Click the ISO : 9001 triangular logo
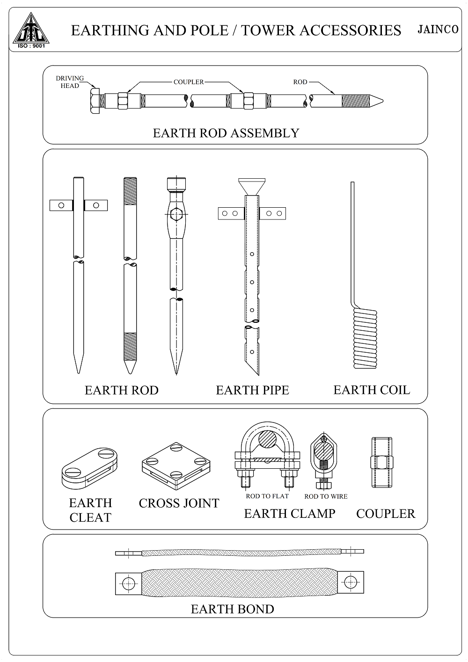(x=31, y=30)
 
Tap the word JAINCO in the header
(x=438, y=29)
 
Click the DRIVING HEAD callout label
(x=70, y=82)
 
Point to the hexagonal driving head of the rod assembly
(x=95, y=101)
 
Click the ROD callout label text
(x=300, y=82)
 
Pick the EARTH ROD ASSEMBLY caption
(x=226, y=133)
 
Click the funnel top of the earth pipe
(x=252, y=187)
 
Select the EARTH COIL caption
(x=372, y=390)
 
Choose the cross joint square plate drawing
(x=176, y=466)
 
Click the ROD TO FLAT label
(x=267, y=496)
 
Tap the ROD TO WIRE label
(x=326, y=496)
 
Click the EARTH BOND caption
(x=233, y=609)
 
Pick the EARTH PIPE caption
(x=252, y=390)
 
